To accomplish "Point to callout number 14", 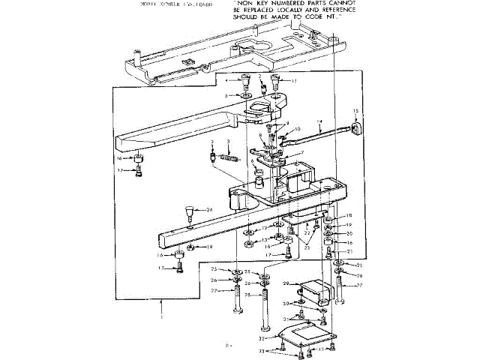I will [x=319, y=121].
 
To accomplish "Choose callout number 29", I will [x=286, y=283].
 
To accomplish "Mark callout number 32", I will [x=272, y=340].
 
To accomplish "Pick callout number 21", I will [x=349, y=251].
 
